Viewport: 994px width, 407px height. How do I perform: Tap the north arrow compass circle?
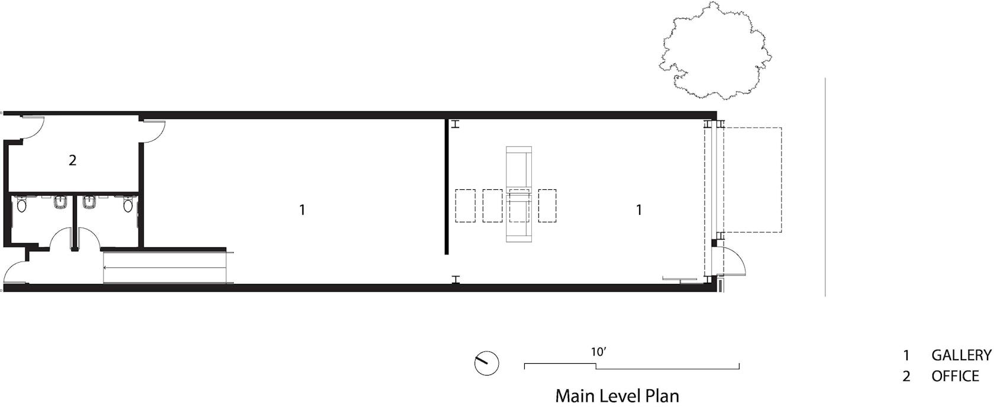[486, 363]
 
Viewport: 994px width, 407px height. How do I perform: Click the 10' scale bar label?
[599, 352]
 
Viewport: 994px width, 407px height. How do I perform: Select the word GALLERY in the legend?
[961, 355]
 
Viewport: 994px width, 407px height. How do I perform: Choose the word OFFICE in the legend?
[955, 376]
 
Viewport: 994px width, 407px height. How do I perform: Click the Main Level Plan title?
[617, 396]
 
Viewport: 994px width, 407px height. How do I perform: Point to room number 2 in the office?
[72, 160]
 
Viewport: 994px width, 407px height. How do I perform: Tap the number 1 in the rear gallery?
[302, 210]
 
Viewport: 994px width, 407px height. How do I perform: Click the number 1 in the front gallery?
[639, 210]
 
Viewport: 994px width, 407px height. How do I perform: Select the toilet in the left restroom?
[21, 205]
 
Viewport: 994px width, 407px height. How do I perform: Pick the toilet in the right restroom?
[128, 205]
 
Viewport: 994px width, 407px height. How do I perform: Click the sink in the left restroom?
[61, 202]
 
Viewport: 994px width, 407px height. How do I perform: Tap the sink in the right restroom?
[90, 202]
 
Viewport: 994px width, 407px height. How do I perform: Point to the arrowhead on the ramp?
[105, 267]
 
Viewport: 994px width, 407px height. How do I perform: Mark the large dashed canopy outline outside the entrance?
[781, 180]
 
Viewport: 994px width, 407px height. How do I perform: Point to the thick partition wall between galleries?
[446, 186]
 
